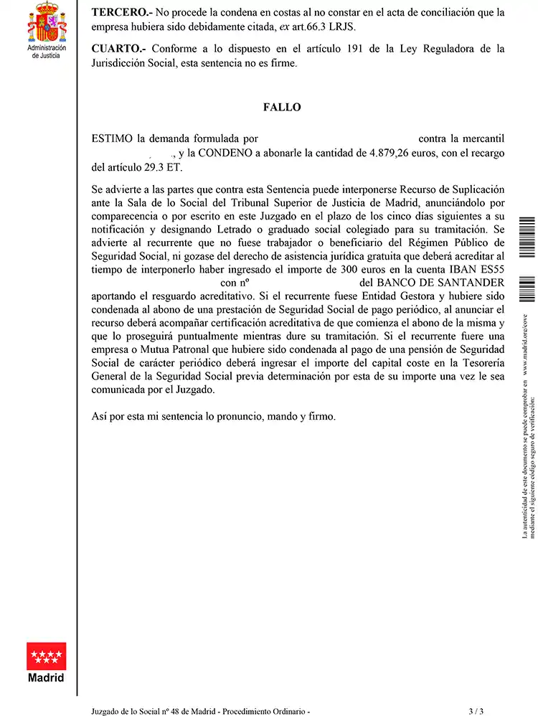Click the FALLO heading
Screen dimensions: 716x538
[282, 108]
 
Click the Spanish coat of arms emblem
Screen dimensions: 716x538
[47, 22]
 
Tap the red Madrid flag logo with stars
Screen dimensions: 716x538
[46, 656]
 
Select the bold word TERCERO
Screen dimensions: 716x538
[118, 12]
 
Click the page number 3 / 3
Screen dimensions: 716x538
[476, 711]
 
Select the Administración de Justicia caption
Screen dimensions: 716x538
[47, 52]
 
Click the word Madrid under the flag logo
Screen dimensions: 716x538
[46, 678]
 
